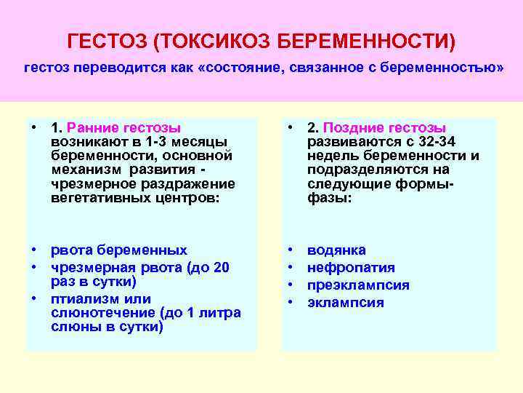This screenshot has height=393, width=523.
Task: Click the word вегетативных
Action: click(94, 196)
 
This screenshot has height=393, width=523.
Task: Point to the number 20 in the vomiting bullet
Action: click(221, 267)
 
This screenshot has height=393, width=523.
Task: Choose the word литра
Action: click(217, 312)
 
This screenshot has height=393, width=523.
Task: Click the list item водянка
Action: click(336, 250)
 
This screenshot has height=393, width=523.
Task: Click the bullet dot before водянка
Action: click(291, 250)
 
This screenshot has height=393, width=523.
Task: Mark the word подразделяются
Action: click(369, 169)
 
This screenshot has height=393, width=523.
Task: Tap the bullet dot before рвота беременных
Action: click(35, 250)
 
